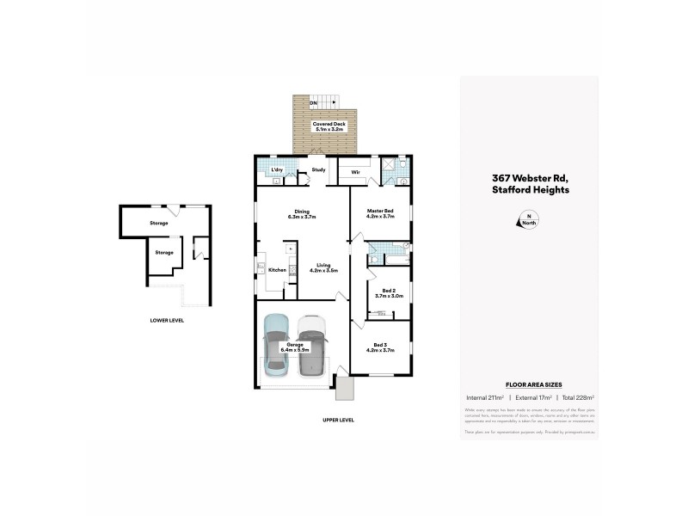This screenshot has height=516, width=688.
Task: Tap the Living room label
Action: pos(323,267)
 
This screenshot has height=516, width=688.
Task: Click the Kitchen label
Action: pos(277,270)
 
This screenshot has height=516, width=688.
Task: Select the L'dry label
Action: pos(277,169)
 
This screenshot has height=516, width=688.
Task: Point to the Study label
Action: pos(317,169)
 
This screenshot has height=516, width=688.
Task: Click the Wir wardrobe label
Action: pos(354,172)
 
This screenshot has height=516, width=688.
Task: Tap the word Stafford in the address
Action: pos(510,190)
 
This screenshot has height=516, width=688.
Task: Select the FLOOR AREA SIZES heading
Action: pos(528,385)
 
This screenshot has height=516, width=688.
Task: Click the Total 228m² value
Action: pos(578,397)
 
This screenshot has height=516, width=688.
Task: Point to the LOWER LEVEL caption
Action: pos(167,320)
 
